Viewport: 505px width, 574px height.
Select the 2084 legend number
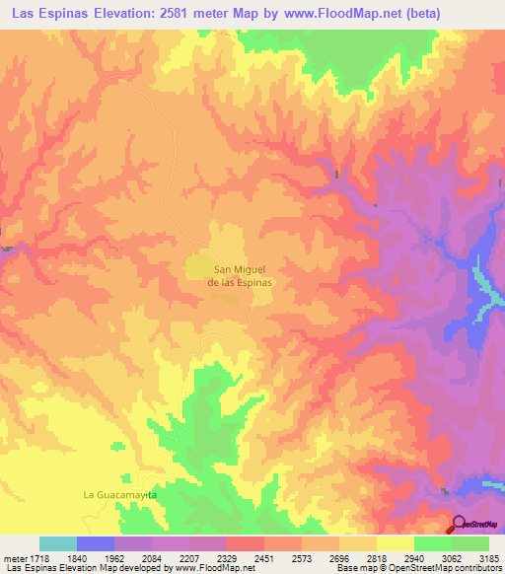click(152, 557)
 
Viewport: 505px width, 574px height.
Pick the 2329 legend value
click(227, 557)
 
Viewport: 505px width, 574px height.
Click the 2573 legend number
click(302, 557)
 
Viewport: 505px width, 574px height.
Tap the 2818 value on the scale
click(377, 557)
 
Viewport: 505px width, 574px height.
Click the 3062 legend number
click(452, 557)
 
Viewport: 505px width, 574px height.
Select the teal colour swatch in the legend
click(58, 543)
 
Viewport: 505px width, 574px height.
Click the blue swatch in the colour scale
click(96, 543)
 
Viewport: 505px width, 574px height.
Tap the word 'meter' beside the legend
click(11, 557)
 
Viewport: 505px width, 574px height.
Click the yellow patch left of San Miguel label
click(198, 267)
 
